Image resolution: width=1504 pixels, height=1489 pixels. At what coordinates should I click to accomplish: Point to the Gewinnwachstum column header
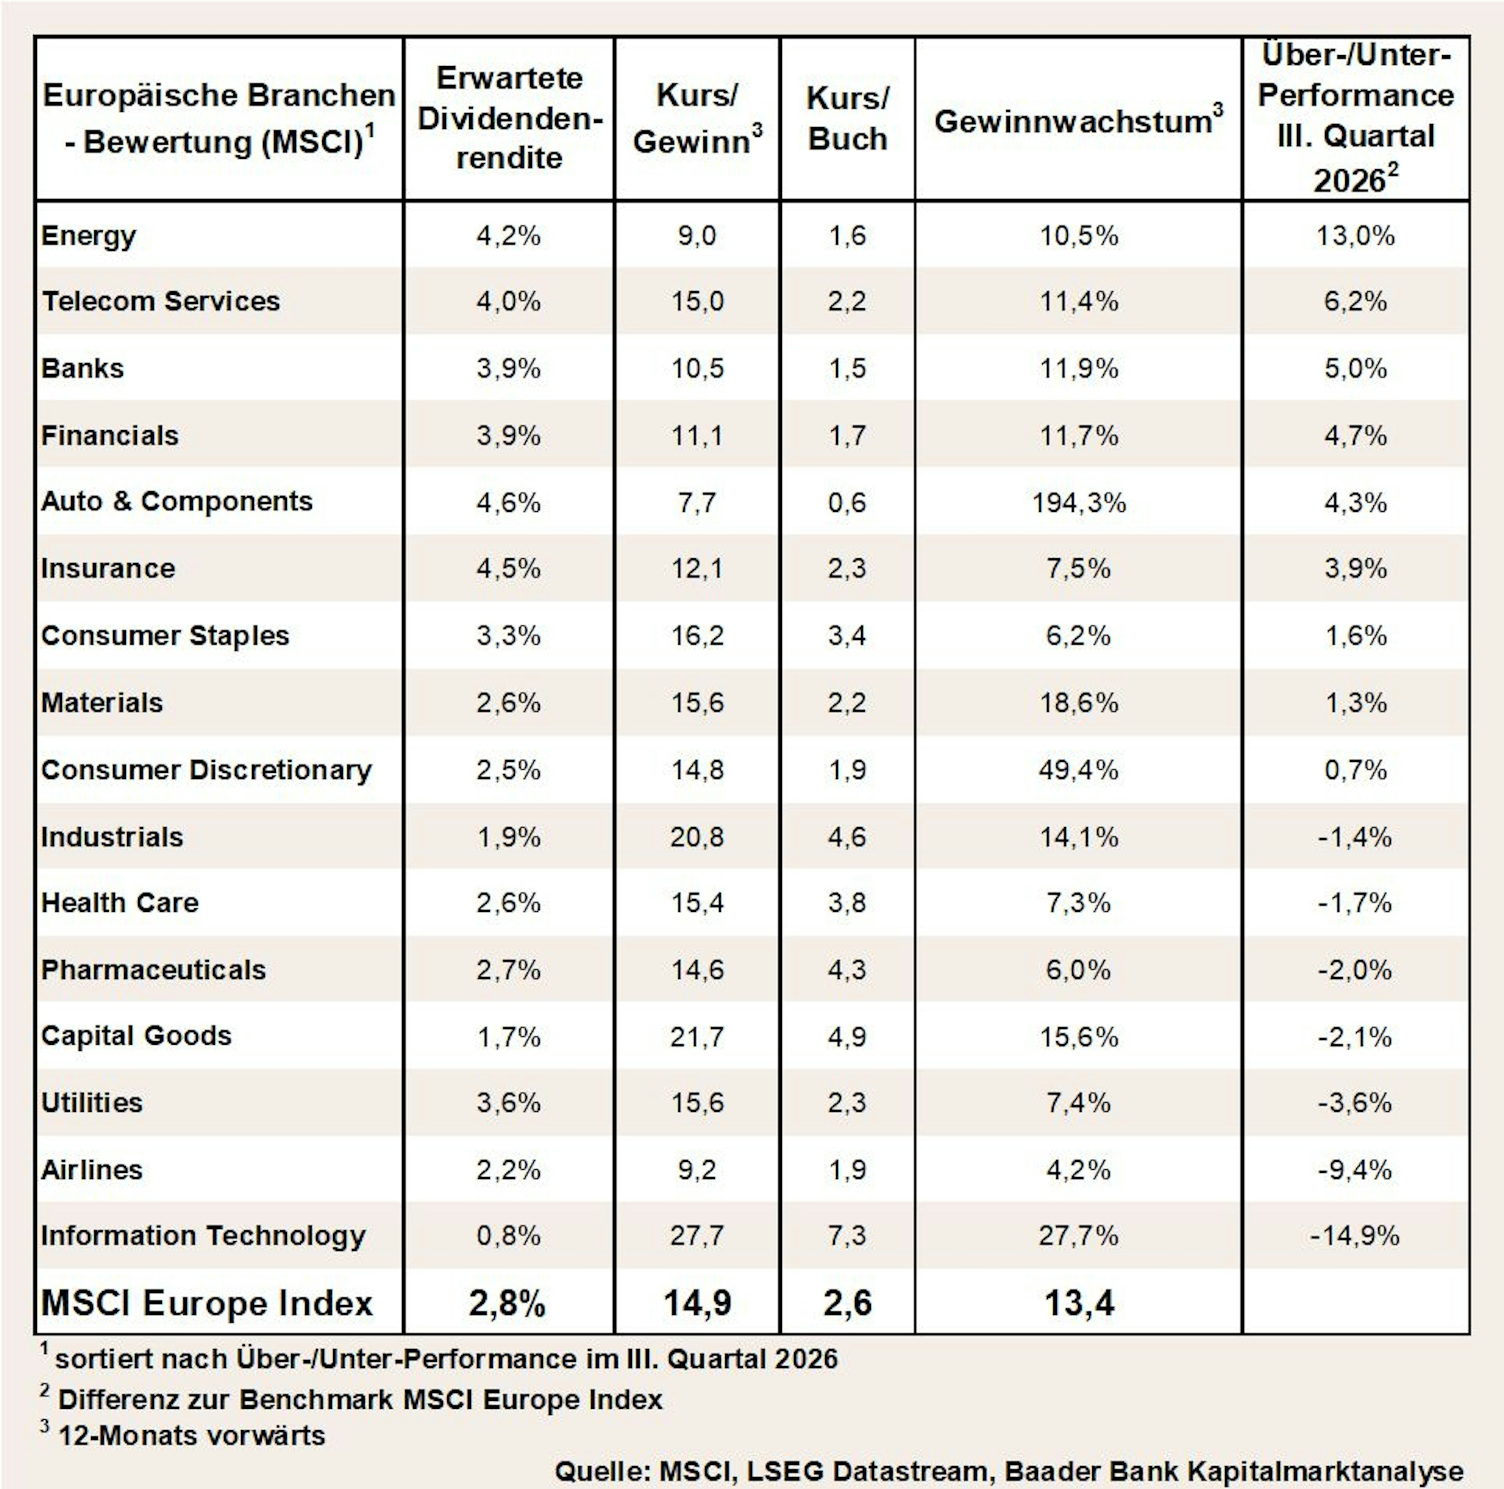1078,120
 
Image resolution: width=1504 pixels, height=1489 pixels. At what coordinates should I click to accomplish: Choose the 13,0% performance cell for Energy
1355,235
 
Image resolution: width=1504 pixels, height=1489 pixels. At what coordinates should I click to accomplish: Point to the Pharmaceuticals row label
154,969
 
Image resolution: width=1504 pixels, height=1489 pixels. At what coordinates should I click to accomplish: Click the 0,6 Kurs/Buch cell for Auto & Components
847,502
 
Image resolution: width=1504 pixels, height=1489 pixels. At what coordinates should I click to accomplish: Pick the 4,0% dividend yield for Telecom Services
508,301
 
